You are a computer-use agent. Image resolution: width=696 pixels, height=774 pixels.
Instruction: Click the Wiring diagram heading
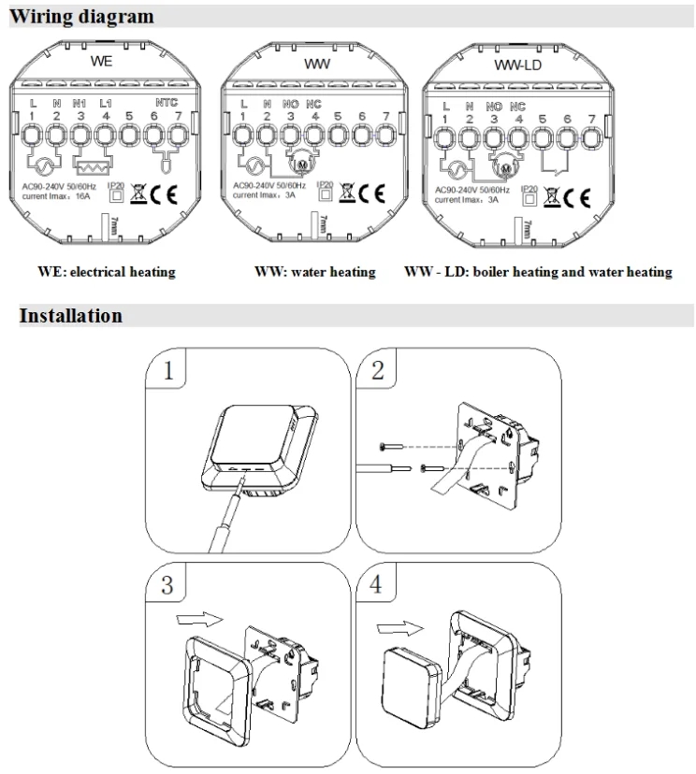82,17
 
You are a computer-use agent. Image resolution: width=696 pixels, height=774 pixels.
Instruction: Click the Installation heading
71,316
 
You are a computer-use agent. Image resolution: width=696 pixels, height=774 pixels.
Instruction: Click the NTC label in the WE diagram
167,102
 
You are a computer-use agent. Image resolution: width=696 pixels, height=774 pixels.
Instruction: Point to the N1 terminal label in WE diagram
80,102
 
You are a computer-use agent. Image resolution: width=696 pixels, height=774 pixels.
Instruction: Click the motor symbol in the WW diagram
301,166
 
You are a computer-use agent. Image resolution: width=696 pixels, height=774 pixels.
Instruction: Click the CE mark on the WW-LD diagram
579,197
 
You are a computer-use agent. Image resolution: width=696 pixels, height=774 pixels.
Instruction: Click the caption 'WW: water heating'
315,272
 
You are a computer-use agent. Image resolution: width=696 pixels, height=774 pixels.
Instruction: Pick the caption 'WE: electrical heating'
107,272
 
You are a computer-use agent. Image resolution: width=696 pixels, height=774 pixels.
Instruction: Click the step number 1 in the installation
168,370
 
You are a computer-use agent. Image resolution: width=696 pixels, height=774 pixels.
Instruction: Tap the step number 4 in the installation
377,585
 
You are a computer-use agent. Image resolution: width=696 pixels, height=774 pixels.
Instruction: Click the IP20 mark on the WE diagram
115,191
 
